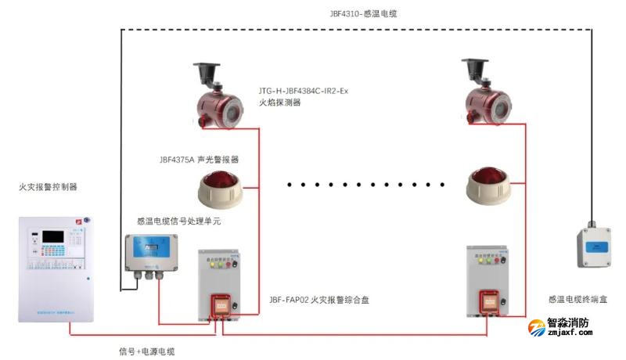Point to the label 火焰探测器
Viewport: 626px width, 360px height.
[x=279, y=103]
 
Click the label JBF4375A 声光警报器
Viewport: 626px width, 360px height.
[x=199, y=159]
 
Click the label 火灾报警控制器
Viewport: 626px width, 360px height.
[x=49, y=187]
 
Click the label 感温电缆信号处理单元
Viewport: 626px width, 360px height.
[x=178, y=221]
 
